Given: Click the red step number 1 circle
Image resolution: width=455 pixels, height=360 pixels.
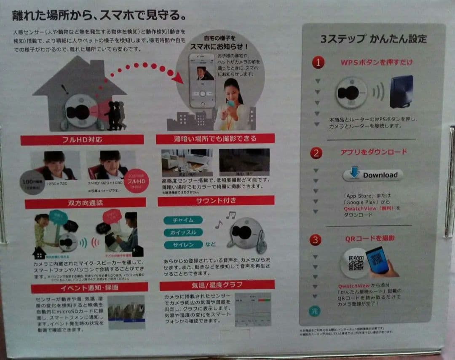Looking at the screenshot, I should coord(318,63).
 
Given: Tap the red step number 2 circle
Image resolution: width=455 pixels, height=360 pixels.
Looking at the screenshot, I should coord(316,153).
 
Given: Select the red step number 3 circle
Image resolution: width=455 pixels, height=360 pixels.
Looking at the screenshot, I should coord(315,240).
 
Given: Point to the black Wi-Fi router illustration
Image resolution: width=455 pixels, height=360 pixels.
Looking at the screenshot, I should coord(401,92).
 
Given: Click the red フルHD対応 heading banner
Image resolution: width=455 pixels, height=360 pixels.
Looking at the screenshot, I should coord(82,140).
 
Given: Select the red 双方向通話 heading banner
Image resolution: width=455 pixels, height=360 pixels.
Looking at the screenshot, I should coord(85,203).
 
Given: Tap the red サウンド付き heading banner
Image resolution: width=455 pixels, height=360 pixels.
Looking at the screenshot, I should coord(216,201).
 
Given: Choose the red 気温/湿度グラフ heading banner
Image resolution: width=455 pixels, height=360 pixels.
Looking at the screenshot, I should coord(217,285).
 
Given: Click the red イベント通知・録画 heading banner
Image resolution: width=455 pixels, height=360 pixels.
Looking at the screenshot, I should coord(89,288).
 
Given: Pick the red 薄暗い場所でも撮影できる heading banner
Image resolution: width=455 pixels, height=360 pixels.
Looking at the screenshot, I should coord(215,139).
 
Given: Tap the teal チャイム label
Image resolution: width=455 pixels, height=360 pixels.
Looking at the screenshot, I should coord(183,220).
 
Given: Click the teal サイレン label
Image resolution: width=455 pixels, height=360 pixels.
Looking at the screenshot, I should coord(183,245).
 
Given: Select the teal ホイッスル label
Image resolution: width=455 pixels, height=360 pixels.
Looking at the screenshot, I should coord(183,232).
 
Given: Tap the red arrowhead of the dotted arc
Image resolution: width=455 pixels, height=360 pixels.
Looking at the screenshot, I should coord(177,78).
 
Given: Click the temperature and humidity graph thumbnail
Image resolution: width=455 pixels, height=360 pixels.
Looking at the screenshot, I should coord(253,309).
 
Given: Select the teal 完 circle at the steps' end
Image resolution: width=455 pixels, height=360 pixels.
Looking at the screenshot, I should coord(315,311).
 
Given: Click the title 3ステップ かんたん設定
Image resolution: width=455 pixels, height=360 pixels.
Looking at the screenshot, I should coord(373,39).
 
